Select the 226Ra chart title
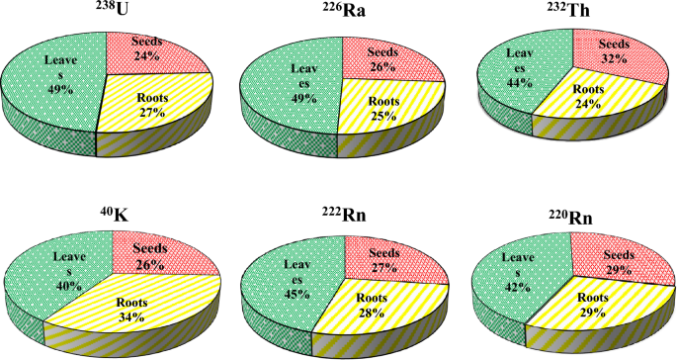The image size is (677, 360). click(x=345, y=12)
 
